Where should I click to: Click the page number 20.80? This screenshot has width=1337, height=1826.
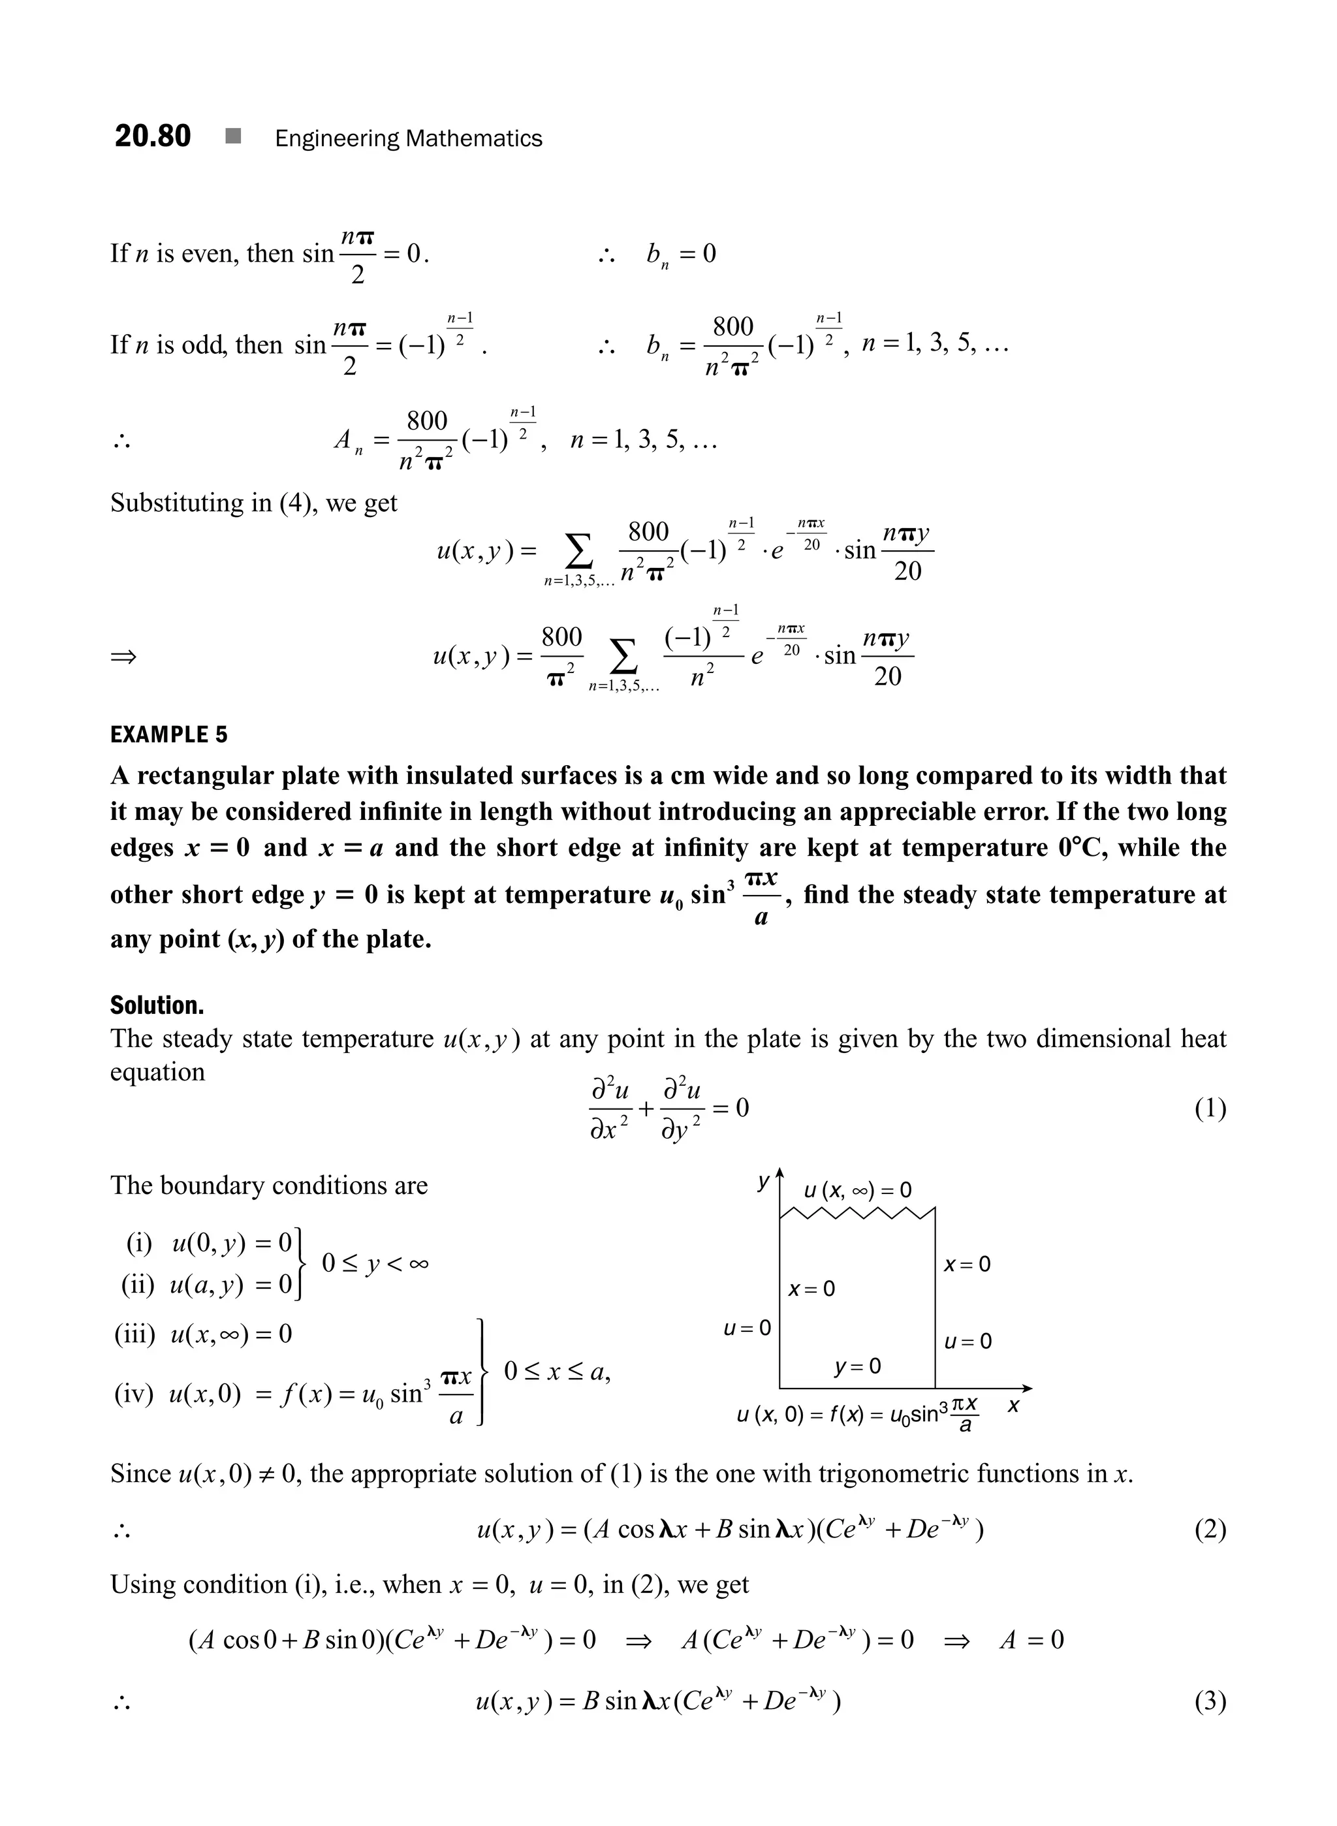(152, 136)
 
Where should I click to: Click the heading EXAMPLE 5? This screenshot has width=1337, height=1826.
(168, 735)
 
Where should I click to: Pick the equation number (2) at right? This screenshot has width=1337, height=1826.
(1209, 1529)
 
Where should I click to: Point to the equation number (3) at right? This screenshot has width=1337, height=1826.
(1209, 1701)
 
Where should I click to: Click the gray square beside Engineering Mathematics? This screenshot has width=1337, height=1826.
(233, 137)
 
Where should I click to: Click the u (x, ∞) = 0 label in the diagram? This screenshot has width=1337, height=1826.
(857, 1190)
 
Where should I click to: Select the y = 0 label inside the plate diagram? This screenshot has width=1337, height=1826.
(857, 1367)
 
